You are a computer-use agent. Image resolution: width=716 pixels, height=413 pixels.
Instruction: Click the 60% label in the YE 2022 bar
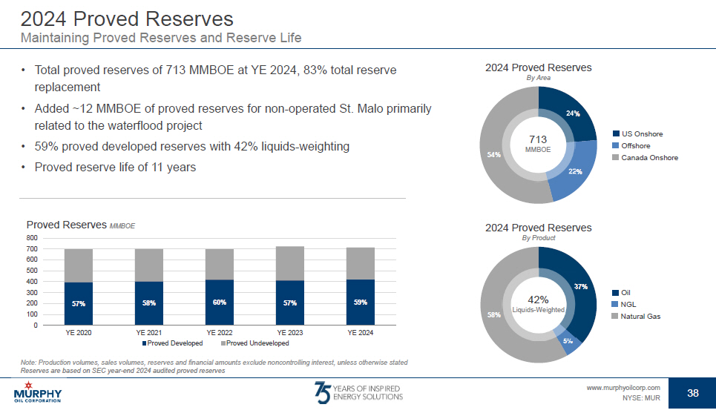coord(219,303)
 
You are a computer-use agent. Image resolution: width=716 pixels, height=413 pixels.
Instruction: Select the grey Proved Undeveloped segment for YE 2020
coord(79,265)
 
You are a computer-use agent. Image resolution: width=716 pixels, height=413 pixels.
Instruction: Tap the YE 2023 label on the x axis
coord(289,334)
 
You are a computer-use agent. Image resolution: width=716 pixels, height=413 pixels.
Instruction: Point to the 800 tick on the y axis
coord(32,238)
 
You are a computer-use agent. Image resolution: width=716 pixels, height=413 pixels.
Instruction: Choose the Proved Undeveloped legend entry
coord(254,344)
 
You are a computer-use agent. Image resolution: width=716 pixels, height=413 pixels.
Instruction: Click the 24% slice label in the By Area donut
coord(572,113)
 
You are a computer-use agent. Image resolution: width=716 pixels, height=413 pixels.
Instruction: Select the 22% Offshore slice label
coord(574,171)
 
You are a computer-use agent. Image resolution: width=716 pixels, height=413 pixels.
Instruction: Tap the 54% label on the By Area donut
coord(493,154)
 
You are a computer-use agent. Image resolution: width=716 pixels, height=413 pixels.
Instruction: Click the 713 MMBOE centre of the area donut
coord(538,143)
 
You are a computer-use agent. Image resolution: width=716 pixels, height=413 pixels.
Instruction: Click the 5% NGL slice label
coord(568,341)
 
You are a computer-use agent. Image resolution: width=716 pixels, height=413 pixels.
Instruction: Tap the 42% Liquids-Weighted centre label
coord(538,304)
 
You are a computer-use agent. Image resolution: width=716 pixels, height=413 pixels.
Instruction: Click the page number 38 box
coord(692,393)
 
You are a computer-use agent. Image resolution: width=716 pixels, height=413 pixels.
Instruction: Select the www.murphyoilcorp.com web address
coord(623,388)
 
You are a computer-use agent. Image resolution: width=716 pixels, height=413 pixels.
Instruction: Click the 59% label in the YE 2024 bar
coord(360,303)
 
